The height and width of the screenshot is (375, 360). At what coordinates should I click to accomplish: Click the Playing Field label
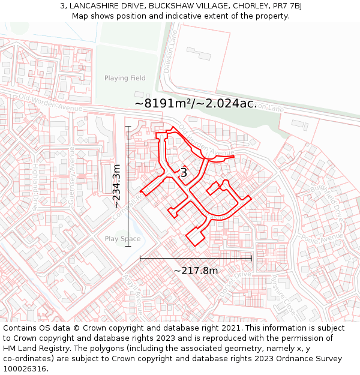click(125, 78)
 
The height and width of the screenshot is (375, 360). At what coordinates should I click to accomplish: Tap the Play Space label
click(122, 239)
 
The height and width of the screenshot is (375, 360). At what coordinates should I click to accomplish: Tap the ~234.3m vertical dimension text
click(117, 186)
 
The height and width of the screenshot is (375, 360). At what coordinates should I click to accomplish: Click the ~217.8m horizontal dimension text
click(196, 271)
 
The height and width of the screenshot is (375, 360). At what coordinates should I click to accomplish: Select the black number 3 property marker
click(184, 173)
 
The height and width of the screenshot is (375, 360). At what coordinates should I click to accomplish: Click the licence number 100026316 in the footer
click(26, 369)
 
